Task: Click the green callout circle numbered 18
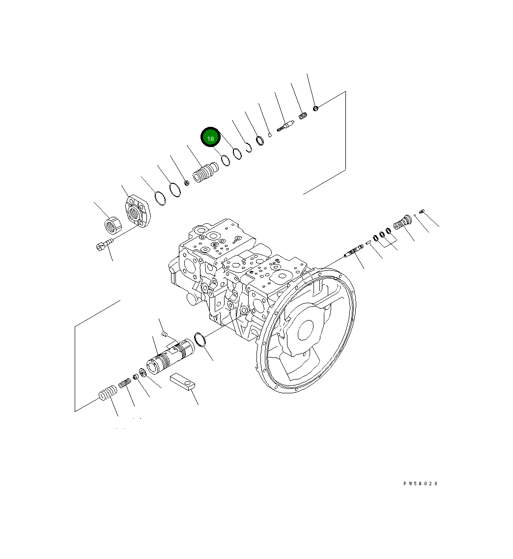211,138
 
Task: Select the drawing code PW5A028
420,484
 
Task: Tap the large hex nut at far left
114,226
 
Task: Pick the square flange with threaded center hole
138,210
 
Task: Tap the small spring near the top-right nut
303,117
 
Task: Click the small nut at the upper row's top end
316,107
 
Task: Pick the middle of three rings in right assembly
382,234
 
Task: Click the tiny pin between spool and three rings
368,242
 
